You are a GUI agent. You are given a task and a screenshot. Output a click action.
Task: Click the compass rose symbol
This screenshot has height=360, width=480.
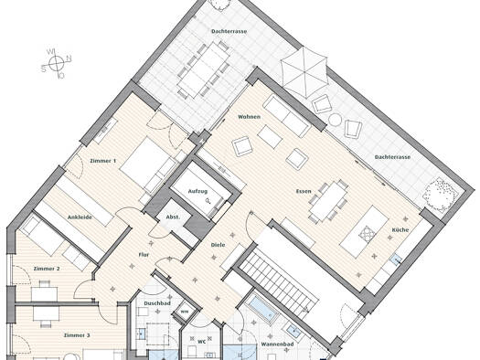pos(57,64)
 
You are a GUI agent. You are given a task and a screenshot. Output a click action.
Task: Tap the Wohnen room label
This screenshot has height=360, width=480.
pos(250,117)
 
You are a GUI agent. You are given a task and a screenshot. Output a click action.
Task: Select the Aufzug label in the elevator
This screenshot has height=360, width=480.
pos(197,192)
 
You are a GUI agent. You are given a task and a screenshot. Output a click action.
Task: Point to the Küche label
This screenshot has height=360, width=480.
pos(400,229)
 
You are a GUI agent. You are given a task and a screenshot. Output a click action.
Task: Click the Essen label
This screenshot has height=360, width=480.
pos(304,192)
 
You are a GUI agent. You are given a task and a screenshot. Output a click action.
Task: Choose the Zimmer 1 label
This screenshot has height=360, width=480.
pos(103,161)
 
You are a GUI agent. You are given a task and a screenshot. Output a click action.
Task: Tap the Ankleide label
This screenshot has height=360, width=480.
pos(80,217)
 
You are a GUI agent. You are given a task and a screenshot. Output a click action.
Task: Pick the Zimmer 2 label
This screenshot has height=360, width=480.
pos(47,269)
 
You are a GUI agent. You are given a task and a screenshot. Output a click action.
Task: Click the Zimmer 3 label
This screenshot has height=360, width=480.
pos(77,335)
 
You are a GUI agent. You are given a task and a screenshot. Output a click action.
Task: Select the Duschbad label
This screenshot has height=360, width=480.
pos(157,303)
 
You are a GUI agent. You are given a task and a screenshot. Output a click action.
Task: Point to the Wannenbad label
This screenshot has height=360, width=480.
pos(277,344)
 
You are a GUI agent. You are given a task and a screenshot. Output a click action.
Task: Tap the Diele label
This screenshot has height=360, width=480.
pos(218,245)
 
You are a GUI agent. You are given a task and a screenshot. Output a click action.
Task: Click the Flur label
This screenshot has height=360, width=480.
pos(144,255)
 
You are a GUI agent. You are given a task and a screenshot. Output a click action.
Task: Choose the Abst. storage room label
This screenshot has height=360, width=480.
pos(173,217)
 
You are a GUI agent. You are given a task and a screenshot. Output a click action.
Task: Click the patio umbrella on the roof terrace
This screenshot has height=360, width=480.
pos(304,72)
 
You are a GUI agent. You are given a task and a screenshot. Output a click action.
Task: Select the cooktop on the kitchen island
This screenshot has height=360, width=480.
pos(368,234)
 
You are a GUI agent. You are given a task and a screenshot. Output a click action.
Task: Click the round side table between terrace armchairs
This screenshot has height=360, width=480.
pos(336,120)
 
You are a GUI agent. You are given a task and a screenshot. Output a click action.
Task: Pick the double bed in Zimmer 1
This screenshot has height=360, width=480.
pos(149,166)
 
